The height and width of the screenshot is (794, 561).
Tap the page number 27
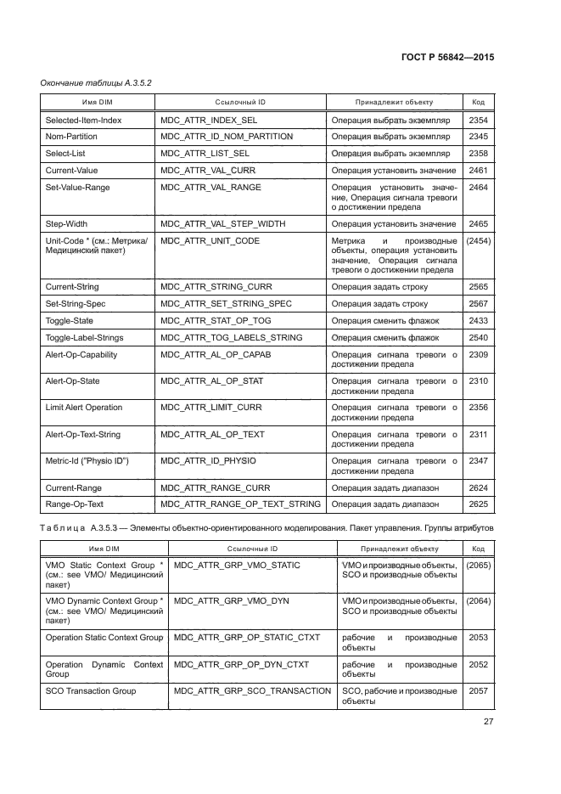point(488,722)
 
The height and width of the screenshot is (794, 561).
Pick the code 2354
point(478,121)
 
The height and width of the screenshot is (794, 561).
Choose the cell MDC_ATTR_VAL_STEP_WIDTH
point(222,224)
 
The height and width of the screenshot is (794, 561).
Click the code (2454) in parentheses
point(478,241)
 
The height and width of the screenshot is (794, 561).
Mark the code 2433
point(478,321)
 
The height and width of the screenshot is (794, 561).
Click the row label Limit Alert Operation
point(83,408)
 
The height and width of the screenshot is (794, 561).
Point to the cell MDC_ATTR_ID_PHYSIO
point(208,461)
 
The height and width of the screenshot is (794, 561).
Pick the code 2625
point(478,504)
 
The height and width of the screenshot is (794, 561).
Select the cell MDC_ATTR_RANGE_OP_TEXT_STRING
point(240,504)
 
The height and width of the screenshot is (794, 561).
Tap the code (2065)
point(478,566)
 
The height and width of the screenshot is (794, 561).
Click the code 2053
point(478,638)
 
